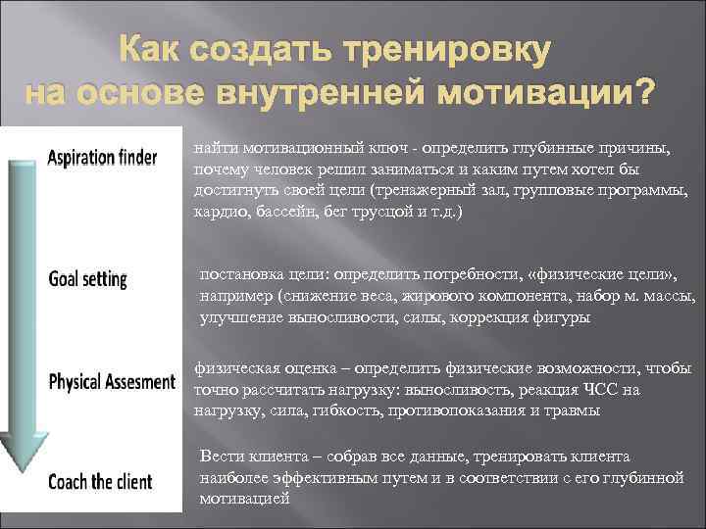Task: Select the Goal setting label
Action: pos(88,279)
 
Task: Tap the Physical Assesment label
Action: pos(111,380)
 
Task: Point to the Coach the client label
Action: pos(101,482)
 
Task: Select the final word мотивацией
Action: pos(244,499)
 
